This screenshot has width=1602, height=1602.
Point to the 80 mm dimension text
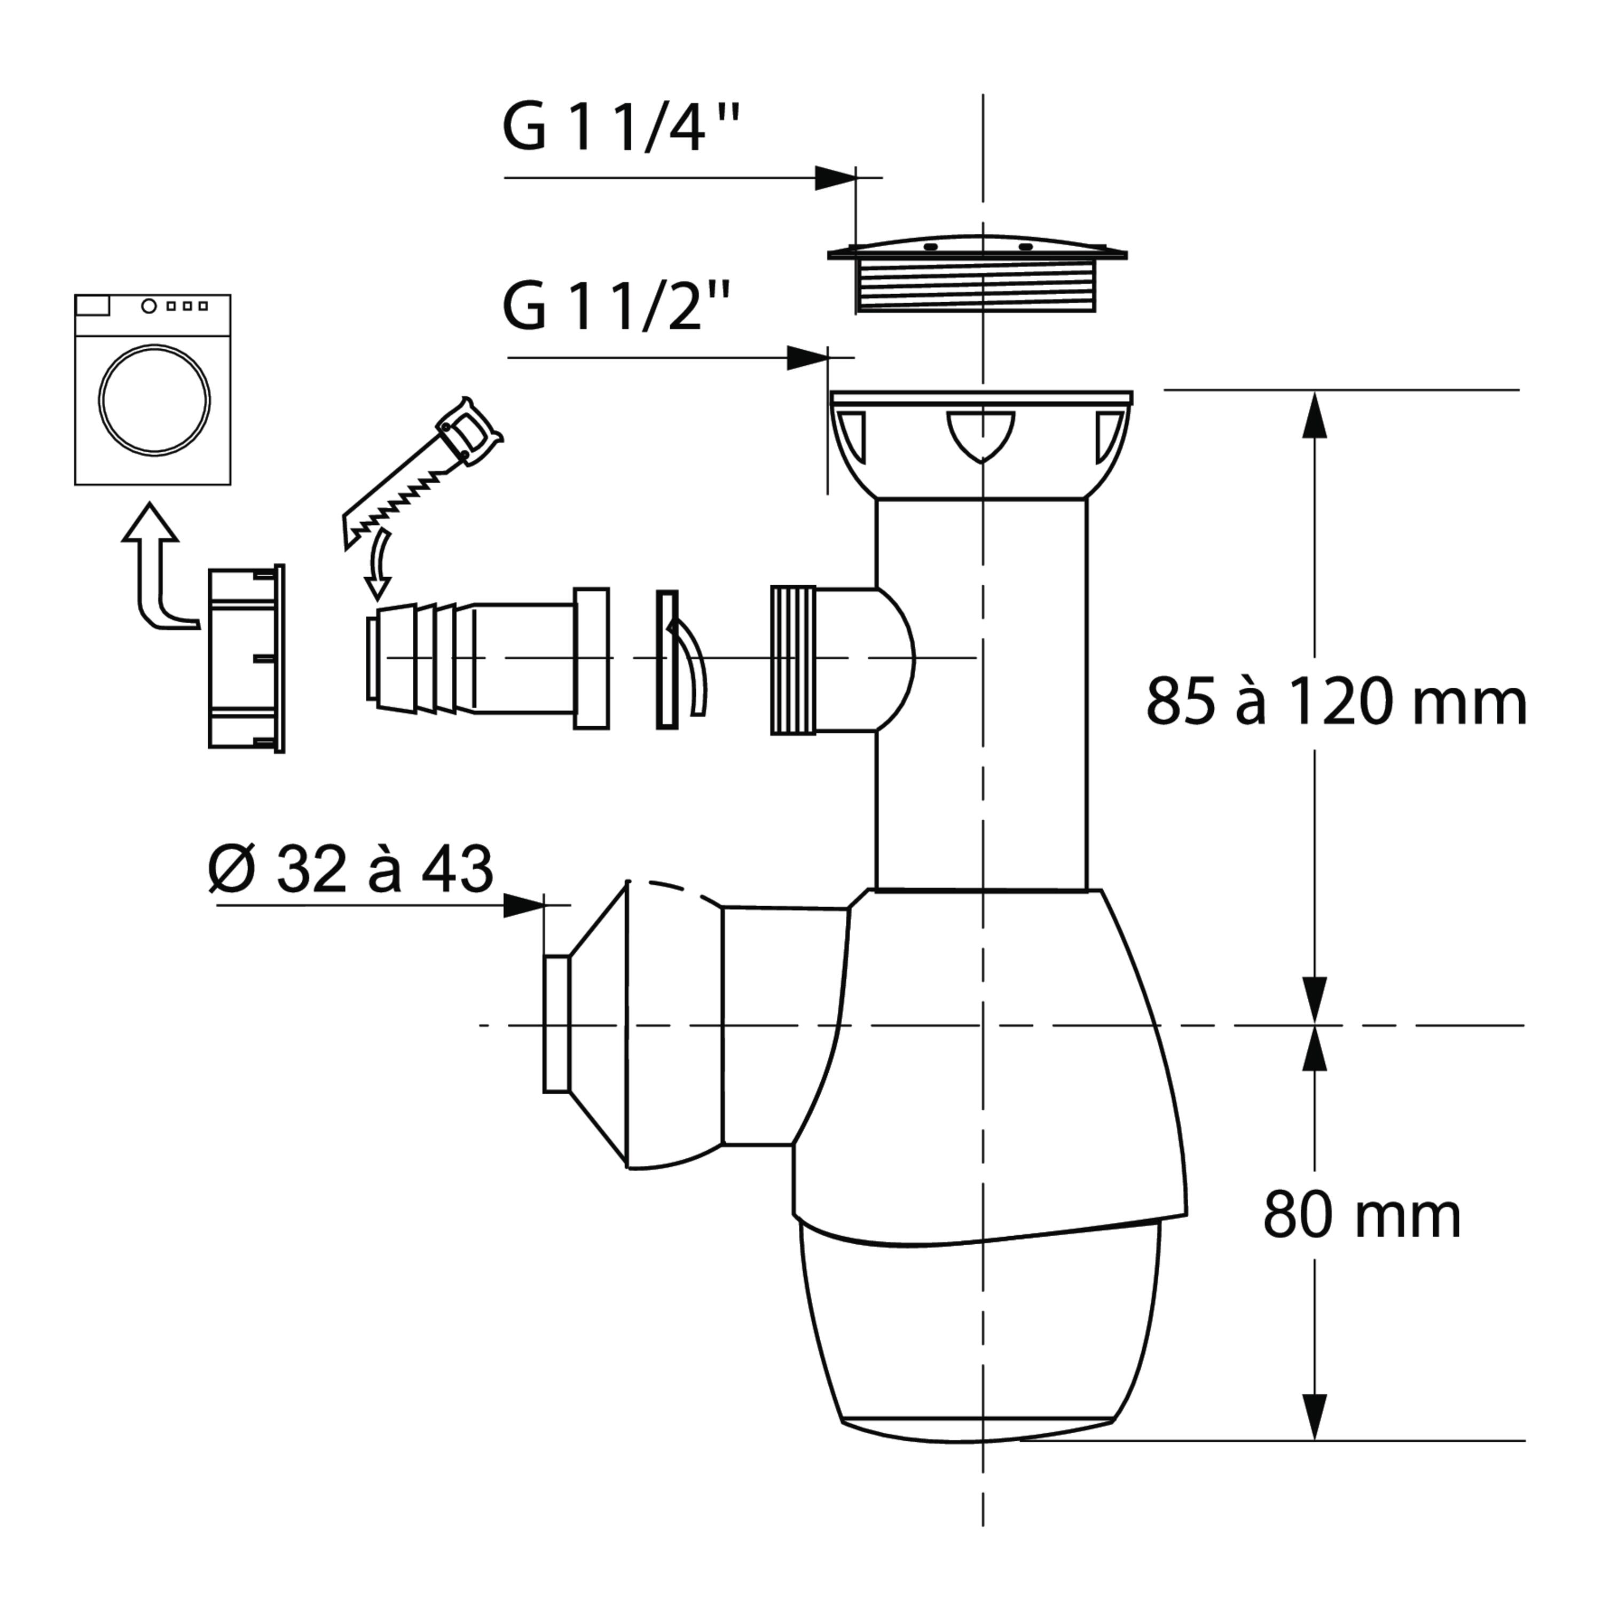point(1362,1215)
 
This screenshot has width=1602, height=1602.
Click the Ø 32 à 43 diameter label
point(351,869)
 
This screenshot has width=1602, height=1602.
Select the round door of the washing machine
point(154,399)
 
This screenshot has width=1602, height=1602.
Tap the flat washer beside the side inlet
point(666,659)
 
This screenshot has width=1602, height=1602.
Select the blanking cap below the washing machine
point(246,658)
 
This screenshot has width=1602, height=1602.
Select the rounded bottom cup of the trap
point(978,1333)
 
